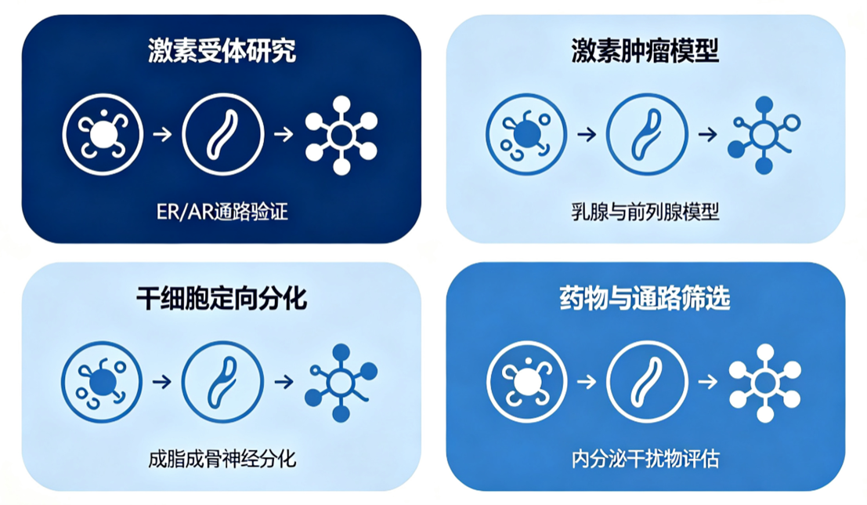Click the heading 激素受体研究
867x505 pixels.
[222, 51]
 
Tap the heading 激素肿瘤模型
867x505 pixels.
[645, 51]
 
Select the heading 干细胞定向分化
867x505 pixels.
[221, 299]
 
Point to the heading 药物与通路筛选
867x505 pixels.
[645, 299]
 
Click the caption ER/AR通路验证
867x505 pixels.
[222, 212]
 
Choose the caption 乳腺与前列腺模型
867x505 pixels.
[645, 212]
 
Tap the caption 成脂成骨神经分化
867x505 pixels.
[222, 459]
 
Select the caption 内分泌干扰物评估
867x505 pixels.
[645, 459]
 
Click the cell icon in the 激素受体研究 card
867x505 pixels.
[103, 135]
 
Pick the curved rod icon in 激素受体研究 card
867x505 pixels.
[223, 135]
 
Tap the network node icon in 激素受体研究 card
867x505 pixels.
[341, 135]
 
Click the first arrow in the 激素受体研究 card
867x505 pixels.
[163, 135]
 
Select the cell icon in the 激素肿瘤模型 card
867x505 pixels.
[526, 135]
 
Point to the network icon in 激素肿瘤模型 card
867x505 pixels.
[764, 135]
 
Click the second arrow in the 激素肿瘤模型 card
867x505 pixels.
[708, 135]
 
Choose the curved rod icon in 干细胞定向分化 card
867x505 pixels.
[222, 382]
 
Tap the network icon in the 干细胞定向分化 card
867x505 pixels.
[341, 383]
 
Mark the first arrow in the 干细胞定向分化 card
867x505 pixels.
[162, 382]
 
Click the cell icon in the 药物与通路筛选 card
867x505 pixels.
[526, 382]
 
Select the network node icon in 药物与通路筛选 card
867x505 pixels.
[765, 383]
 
